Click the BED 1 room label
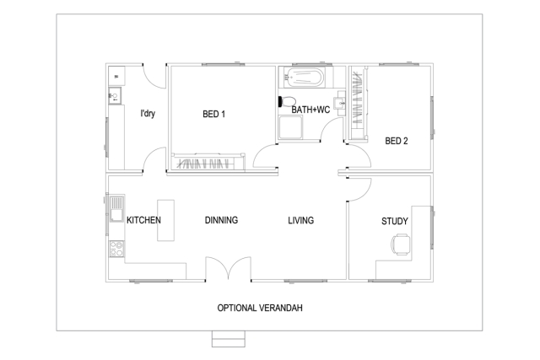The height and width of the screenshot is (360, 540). point(213,114)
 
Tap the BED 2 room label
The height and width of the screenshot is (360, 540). point(397,141)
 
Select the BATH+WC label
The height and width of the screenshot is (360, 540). point(310,110)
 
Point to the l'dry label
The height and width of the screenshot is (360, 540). point(148,113)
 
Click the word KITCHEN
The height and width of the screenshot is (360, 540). point(143,220)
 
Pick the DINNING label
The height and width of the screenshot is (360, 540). point(221,220)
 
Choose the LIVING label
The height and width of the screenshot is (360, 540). point(300,220)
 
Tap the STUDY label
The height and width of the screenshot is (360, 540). point(395,221)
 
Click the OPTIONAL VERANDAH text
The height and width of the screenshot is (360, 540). point(260,308)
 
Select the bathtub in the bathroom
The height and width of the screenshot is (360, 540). point(303,80)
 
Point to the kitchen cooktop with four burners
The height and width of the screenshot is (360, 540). point(116,249)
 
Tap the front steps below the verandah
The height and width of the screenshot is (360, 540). point(228,339)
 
